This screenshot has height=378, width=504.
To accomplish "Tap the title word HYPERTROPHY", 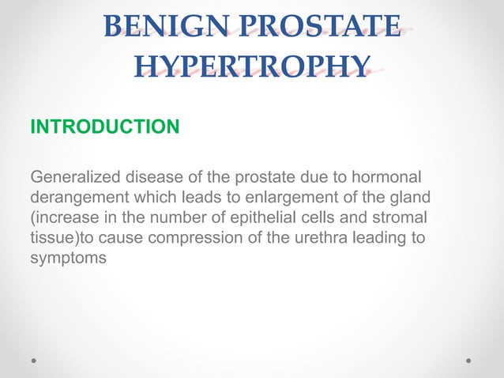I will (252, 66).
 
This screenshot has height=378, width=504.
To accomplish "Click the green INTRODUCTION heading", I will (104, 127).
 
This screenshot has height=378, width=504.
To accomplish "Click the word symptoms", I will (68, 258).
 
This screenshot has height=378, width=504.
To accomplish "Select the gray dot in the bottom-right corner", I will (468, 360).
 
